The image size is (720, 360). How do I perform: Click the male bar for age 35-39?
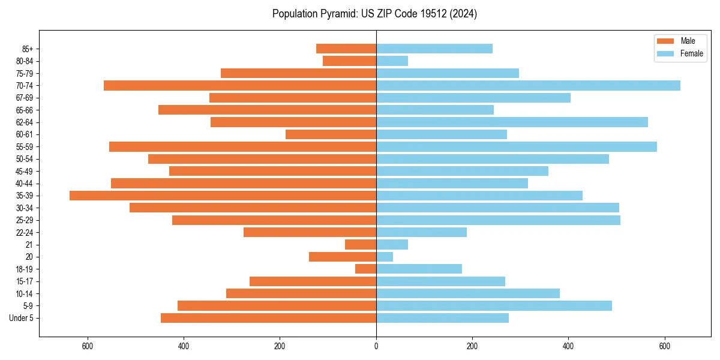[x=223, y=196]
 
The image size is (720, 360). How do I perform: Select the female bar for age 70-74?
[x=528, y=85]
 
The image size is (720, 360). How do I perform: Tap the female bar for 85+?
[x=434, y=49]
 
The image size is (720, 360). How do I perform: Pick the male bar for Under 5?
[x=268, y=318]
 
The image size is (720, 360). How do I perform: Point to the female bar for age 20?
[x=385, y=257]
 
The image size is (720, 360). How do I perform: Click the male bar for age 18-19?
[x=365, y=269]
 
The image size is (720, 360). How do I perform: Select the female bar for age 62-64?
[x=512, y=122]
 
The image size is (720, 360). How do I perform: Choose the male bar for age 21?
[x=361, y=244]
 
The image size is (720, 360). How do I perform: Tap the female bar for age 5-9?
[x=494, y=305]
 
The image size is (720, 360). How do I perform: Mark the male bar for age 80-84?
[x=349, y=61]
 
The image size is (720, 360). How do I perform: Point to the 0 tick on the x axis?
[x=376, y=346]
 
